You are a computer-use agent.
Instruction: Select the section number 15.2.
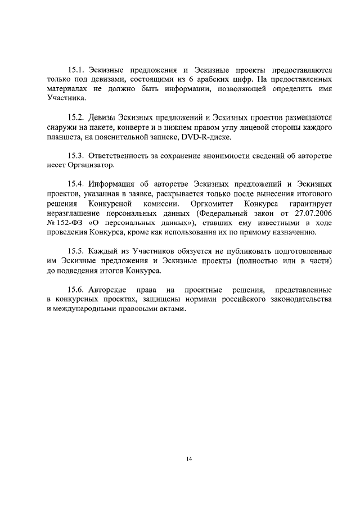pos(75,118)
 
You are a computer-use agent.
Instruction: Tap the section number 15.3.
pos(75,155)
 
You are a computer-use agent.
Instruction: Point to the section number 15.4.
pos(75,183)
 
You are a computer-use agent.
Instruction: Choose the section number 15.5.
pos(75,251)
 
